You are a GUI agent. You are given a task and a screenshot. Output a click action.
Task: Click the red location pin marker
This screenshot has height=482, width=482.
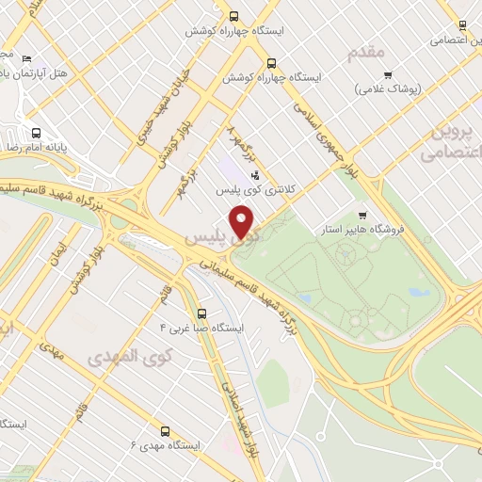[x=243, y=221]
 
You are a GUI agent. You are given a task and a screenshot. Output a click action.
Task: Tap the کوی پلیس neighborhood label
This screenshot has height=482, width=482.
[x=209, y=238]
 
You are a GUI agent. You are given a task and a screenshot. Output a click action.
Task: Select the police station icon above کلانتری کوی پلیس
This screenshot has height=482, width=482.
[x=254, y=174]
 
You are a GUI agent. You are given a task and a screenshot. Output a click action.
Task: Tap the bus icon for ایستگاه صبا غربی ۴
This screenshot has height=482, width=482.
[x=201, y=313]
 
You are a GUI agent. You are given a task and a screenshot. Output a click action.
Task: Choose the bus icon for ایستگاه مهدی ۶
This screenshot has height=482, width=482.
[x=166, y=429]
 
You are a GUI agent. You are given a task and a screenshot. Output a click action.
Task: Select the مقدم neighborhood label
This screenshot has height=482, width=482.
[x=368, y=53]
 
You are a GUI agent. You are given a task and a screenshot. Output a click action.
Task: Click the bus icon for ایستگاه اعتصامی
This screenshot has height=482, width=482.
[x=461, y=25]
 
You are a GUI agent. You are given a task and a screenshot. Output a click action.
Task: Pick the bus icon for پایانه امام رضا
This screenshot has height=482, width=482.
[x=36, y=133]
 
